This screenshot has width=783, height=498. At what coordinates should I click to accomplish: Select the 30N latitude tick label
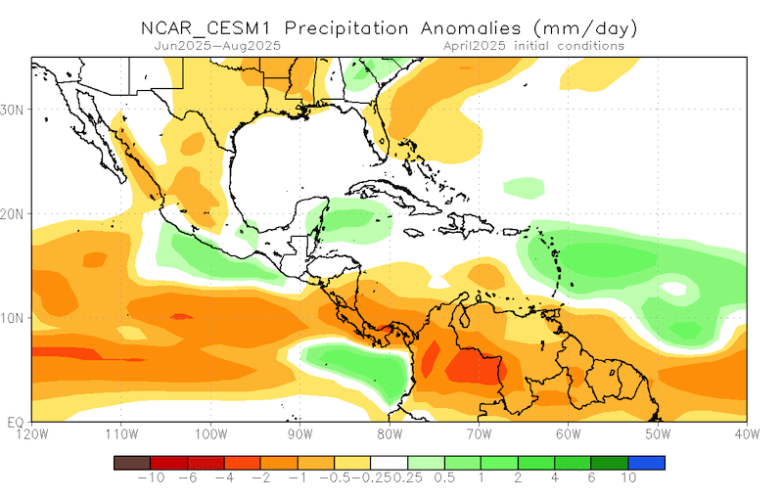(x=15, y=110)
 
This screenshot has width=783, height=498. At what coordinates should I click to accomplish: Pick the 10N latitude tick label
(x=15, y=318)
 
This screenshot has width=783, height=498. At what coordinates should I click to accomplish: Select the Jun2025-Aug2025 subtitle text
(x=217, y=45)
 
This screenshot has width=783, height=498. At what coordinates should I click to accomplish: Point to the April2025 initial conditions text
(x=533, y=45)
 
